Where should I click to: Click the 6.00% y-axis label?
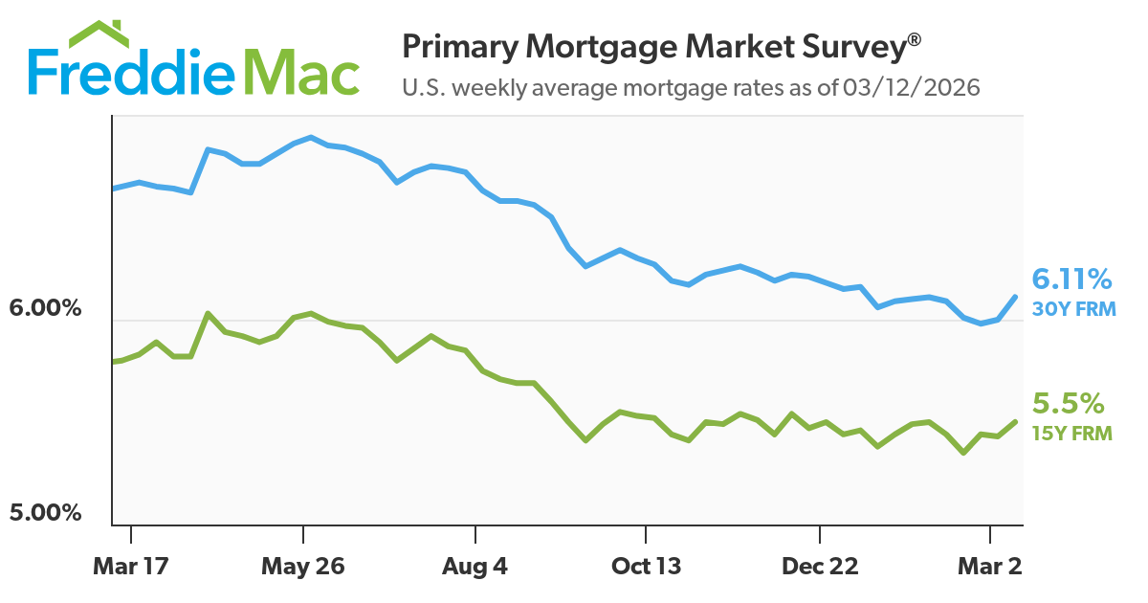click(x=46, y=310)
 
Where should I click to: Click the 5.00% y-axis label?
click(x=46, y=513)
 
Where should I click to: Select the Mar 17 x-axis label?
click(x=131, y=567)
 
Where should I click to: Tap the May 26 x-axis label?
click(x=303, y=567)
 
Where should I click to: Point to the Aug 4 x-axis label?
click(x=475, y=567)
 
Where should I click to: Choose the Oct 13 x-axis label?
click(x=647, y=567)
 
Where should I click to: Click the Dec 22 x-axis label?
click(x=820, y=567)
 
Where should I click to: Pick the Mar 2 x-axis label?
click(x=989, y=567)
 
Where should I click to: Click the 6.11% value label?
click(x=1071, y=279)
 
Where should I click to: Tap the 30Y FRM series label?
click(x=1073, y=308)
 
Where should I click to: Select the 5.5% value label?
click(x=1068, y=402)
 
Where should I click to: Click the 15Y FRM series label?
click(x=1071, y=434)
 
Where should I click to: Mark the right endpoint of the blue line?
click(x=1016, y=296)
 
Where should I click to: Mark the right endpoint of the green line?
click(x=1016, y=421)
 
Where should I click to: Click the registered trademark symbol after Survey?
click(x=915, y=39)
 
